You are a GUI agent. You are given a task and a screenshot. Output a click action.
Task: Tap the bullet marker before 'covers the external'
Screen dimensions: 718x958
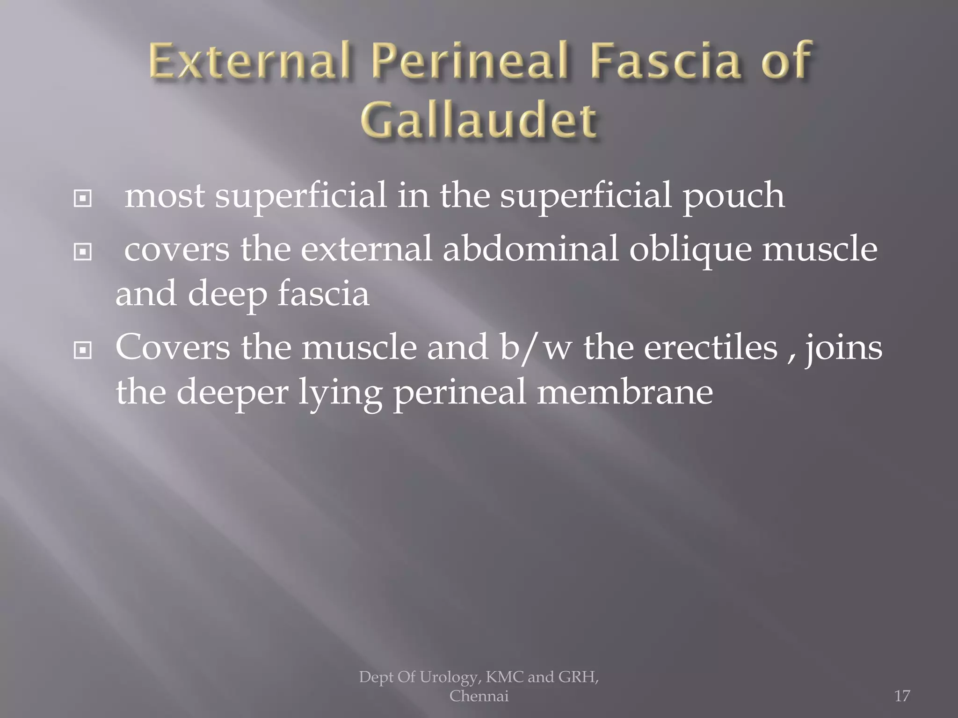pyautogui.click(x=83, y=253)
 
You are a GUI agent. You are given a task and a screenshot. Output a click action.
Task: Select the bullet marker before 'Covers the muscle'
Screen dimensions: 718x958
pyautogui.click(x=83, y=350)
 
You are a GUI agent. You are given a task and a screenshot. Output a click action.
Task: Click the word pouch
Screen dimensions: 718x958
pyautogui.click(x=733, y=196)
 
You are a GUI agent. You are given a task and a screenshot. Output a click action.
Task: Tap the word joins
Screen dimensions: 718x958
pyautogui.click(x=842, y=348)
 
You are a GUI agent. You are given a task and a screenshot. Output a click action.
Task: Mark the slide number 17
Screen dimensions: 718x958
pyautogui.click(x=902, y=696)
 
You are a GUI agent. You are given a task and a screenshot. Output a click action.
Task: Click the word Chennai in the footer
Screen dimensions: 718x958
pyautogui.click(x=479, y=696)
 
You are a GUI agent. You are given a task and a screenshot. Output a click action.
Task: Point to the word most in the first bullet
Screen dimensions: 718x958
pyautogui.click(x=165, y=196)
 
